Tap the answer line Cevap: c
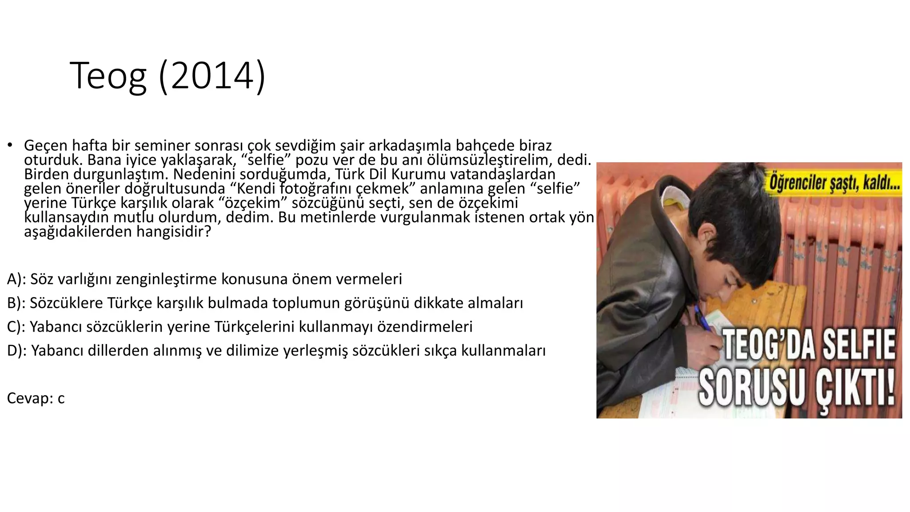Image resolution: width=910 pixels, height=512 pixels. tap(36, 398)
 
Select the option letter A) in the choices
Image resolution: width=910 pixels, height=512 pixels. tap(16, 279)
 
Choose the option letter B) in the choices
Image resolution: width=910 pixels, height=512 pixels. tap(16, 303)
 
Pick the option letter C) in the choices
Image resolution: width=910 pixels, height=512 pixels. tap(16, 327)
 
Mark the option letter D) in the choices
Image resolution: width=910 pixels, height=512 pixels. tap(16, 351)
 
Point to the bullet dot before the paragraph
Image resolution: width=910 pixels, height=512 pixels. tap(9, 145)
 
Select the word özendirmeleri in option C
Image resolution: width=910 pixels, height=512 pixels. tap(424, 327)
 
